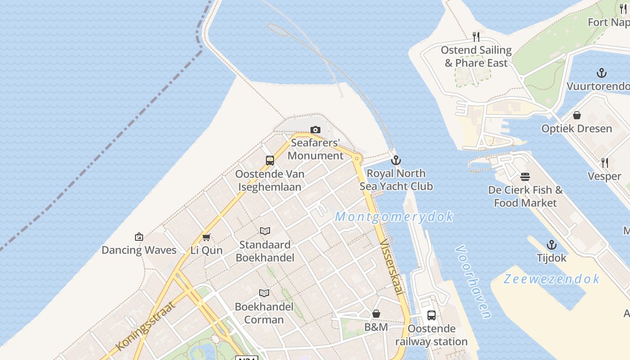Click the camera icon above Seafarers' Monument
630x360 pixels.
tap(315, 130)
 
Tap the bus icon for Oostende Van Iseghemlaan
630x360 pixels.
tap(270, 161)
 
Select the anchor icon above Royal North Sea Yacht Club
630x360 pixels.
tap(396, 160)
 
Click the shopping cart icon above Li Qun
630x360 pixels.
tap(207, 237)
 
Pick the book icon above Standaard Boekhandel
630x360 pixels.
tap(265, 231)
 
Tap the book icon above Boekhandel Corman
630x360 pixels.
tap(265, 293)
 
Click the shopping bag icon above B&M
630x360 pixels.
tap(376, 314)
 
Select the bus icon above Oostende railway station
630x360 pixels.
tap(432, 315)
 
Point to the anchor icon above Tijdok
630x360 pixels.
tap(552, 245)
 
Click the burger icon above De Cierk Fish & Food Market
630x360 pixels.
tap(525, 177)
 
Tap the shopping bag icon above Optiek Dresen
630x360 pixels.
tap(577, 116)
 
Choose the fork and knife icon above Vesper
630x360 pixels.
tap(605, 163)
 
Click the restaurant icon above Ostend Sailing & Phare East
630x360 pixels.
tap(476, 37)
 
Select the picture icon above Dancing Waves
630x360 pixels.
tap(139, 237)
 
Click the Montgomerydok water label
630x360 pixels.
tap(394, 217)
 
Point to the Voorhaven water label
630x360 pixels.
tap(473, 282)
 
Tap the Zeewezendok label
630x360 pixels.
tap(551, 279)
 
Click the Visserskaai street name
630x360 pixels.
tap(391, 268)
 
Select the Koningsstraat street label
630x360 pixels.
tap(145, 326)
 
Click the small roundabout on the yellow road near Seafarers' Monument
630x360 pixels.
tap(357, 158)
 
